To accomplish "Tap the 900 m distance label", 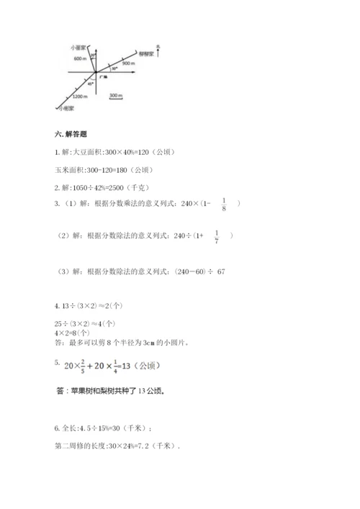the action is pos(129,64).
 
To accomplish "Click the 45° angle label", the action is pos(90,84).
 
